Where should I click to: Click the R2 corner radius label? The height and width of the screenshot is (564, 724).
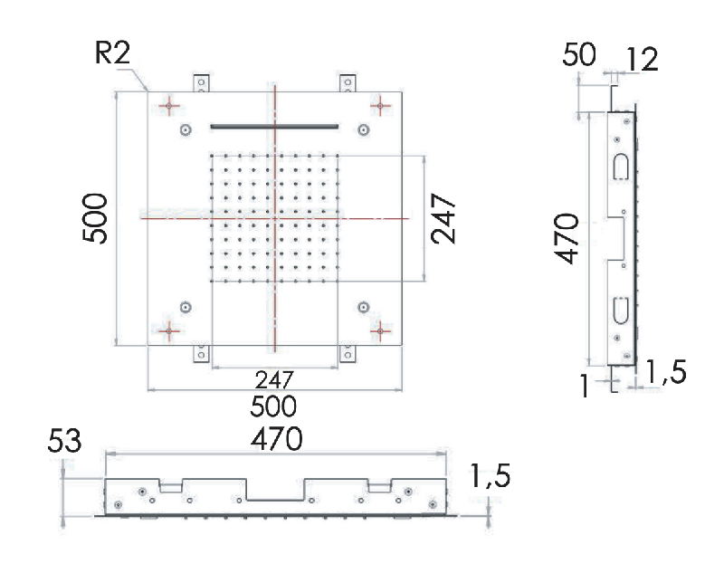coord(112,53)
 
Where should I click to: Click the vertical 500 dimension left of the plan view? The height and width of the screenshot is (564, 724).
coord(95,218)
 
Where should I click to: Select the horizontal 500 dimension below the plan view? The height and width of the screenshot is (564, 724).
coord(273,406)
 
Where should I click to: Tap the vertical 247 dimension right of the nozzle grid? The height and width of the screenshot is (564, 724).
coord(443,218)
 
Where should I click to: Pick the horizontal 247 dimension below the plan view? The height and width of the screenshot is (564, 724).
coord(274,380)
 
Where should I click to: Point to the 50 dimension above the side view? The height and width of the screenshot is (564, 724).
coord(579,54)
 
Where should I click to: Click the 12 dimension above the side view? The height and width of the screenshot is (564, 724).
coord(642,60)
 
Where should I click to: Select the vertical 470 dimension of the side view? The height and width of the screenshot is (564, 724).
coord(567,238)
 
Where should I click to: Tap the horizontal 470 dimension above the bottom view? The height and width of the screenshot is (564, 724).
coord(277,439)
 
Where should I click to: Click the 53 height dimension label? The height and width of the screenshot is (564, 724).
coord(64,440)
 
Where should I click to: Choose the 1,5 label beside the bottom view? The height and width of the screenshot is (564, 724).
coord(490,476)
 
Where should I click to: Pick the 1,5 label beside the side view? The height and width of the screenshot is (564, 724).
coord(666,372)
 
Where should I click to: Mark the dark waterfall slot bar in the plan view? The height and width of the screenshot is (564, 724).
coord(274,126)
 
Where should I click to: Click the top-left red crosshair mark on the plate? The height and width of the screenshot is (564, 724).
coord(169,106)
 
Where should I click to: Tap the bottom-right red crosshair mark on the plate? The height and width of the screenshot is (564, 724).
coord(380,330)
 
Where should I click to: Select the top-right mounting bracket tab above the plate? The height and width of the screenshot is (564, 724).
coord(348,83)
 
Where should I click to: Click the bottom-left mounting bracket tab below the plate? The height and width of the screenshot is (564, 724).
coord(201,354)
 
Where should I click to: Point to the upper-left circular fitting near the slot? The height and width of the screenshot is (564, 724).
coord(186,129)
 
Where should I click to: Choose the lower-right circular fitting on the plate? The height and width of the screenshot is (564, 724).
coord(364,307)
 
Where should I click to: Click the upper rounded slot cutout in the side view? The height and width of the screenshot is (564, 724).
coord(621,167)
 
